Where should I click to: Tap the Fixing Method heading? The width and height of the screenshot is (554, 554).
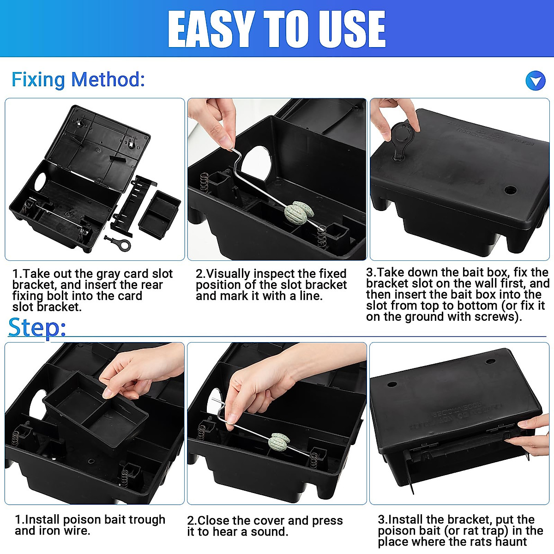click(78, 80)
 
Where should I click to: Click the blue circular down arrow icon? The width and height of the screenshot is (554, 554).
click(536, 81)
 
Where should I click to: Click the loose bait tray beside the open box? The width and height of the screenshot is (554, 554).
click(159, 213)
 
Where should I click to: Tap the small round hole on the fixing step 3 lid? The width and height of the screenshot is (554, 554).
click(510, 190)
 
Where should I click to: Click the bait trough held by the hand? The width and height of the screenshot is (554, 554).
click(97, 411)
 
